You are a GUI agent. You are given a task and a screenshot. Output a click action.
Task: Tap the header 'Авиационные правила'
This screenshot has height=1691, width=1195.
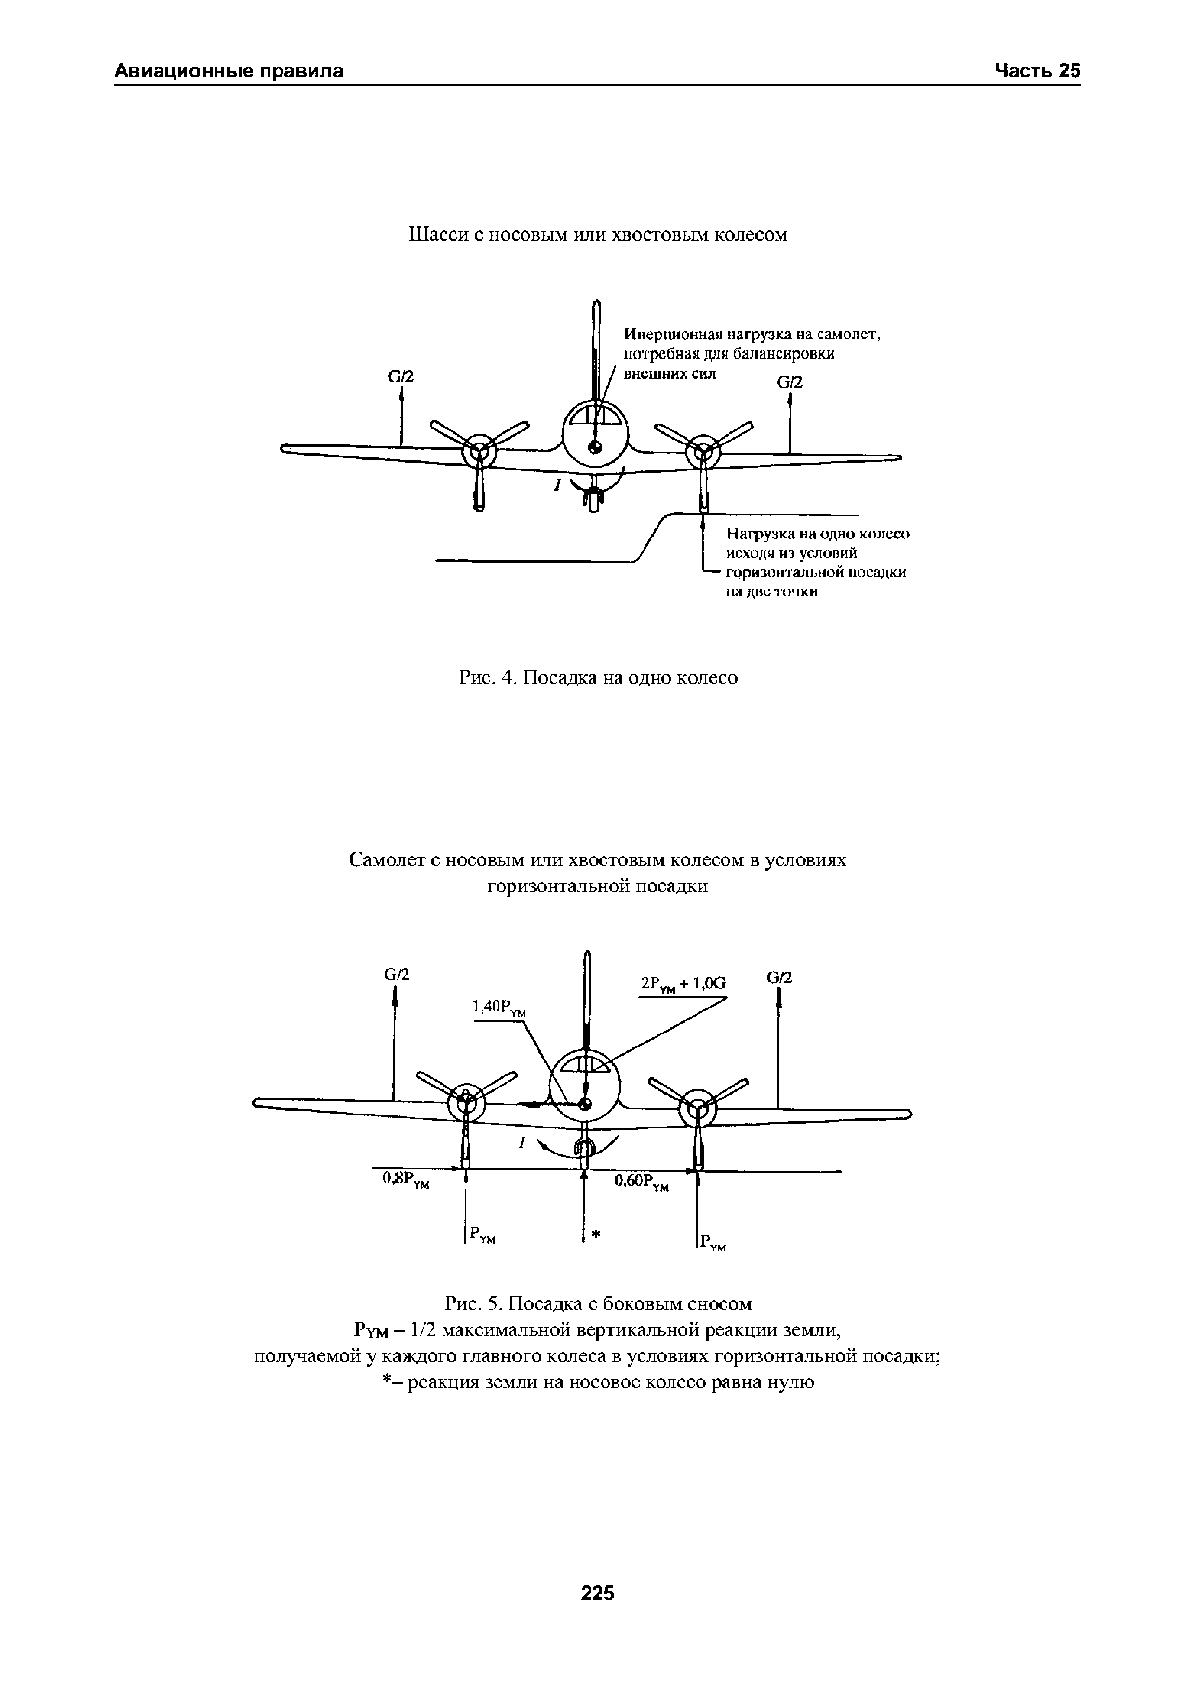[229, 71]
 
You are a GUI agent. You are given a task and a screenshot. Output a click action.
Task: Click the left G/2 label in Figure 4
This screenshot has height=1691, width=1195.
[401, 377]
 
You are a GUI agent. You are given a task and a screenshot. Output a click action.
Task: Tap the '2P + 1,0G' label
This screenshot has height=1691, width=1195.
[683, 984]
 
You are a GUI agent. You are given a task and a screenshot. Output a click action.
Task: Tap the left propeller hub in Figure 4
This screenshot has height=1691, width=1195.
[479, 450]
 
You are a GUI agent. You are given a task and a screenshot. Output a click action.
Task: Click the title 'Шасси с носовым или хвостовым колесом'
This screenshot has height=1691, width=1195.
[598, 235]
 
